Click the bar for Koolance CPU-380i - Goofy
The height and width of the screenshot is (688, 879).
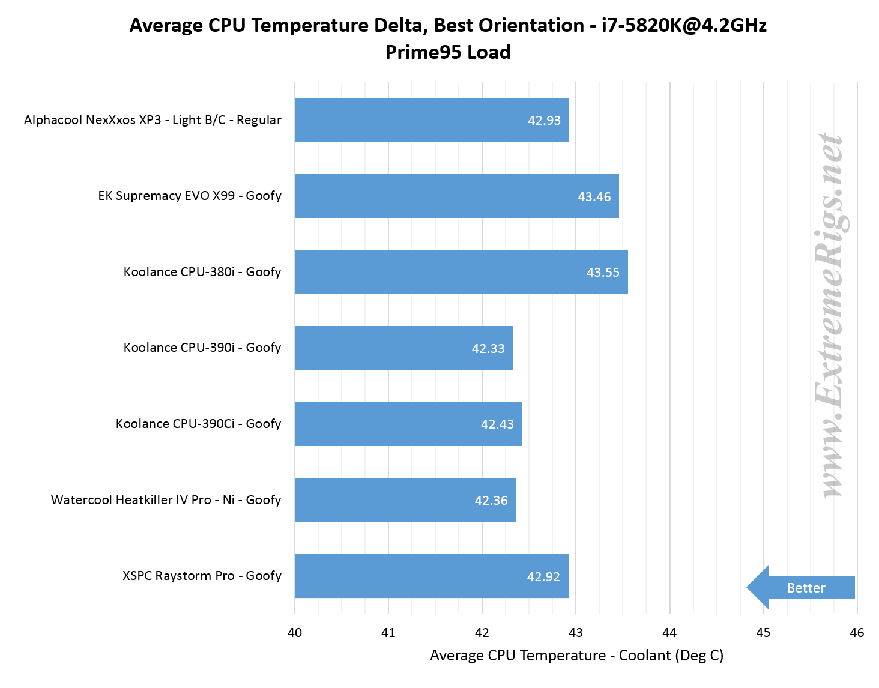tap(420, 272)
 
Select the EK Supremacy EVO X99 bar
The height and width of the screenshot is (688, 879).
tap(420, 196)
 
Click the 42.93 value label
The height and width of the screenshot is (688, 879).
tap(544, 121)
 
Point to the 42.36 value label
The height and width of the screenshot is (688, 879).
tap(491, 501)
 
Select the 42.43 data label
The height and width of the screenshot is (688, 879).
tap(497, 424)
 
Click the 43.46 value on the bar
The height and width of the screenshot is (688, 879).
tap(594, 197)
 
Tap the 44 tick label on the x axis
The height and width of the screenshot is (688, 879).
tap(669, 632)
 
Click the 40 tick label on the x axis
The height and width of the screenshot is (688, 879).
tap(295, 632)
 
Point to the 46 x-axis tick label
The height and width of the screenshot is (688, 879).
tap(857, 632)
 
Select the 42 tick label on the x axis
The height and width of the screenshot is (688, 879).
tap(482, 632)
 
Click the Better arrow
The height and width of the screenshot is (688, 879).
tap(802, 588)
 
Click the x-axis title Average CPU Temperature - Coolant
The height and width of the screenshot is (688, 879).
tap(576, 656)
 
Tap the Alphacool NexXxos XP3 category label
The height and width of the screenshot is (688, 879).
tap(153, 120)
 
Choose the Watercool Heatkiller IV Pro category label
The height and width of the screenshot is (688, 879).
tap(166, 500)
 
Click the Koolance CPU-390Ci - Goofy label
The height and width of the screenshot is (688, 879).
tap(198, 424)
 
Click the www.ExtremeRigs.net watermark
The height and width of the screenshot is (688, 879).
tap(832, 315)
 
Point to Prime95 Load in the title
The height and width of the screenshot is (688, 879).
tap(448, 52)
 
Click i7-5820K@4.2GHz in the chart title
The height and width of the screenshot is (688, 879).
tap(684, 25)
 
